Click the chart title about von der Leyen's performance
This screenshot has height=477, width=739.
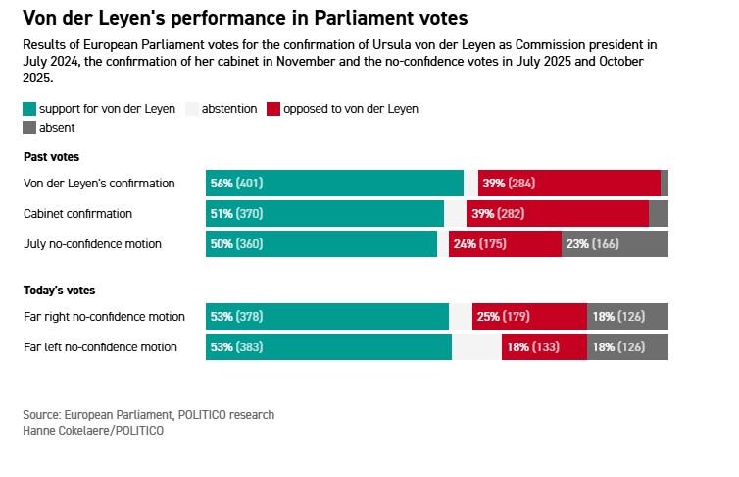click(244, 18)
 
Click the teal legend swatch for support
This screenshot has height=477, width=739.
click(29, 109)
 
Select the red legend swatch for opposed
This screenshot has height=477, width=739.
click(273, 109)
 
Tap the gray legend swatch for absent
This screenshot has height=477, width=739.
click(29, 128)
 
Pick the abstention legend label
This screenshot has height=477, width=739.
click(228, 109)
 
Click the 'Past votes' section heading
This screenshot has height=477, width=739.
click(51, 157)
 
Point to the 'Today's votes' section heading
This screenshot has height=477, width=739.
click(59, 291)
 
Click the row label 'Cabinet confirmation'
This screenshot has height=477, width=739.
click(77, 214)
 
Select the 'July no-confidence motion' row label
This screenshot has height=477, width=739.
click(92, 244)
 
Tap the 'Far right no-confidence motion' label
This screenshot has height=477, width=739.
click(104, 317)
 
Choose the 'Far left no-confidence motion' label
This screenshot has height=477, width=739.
click(100, 346)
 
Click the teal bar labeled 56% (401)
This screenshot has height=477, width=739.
click(334, 184)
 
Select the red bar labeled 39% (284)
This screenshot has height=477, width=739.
click(569, 184)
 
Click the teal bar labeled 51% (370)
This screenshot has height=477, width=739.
click(324, 214)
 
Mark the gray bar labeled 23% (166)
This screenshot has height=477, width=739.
click(615, 244)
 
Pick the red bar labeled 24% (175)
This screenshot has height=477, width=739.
click(505, 244)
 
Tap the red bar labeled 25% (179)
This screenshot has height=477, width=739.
click(529, 317)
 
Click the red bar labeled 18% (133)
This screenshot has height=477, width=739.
click(544, 346)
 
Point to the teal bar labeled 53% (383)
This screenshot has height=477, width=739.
click(328, 346)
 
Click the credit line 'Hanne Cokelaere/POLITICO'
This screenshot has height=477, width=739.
click(93, 431)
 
